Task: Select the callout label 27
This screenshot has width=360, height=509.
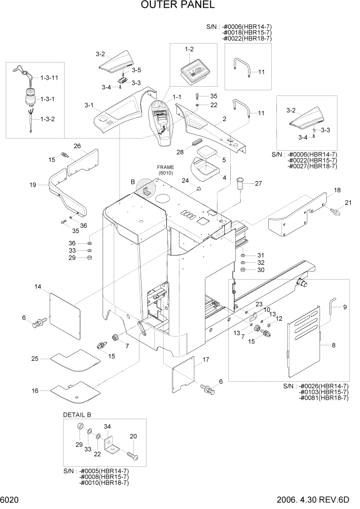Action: pyautogui.click(x=258, y=183)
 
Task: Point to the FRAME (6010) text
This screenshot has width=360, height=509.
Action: pyautogui.click(x=165, y=170)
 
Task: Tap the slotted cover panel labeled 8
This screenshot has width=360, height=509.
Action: pyautogui.click(x=304, y=334)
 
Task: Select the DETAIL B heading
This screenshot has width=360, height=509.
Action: pyautogui.click(x=76, y=415)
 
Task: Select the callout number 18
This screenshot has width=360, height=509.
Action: pyautogui.click(x=337, y=190)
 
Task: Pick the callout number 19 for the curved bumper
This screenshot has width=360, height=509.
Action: pyautogui.click(x=33, y=185)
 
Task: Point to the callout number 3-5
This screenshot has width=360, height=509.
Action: pyautogui.click(x=136, y=70)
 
